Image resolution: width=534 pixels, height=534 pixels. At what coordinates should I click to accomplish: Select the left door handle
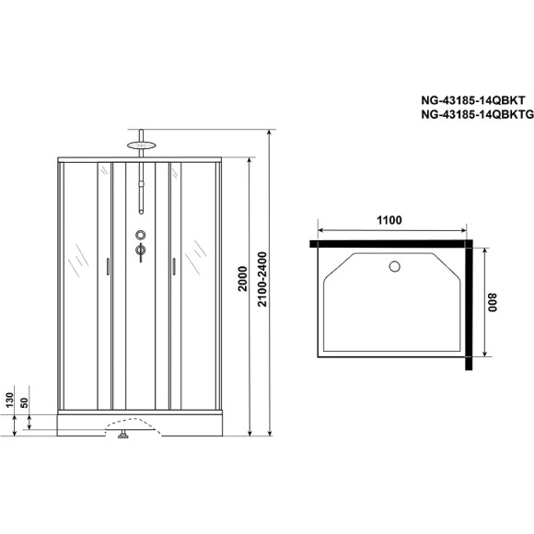tap(109, 267)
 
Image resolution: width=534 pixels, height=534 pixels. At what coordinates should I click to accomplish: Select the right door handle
tap(172, 267)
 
